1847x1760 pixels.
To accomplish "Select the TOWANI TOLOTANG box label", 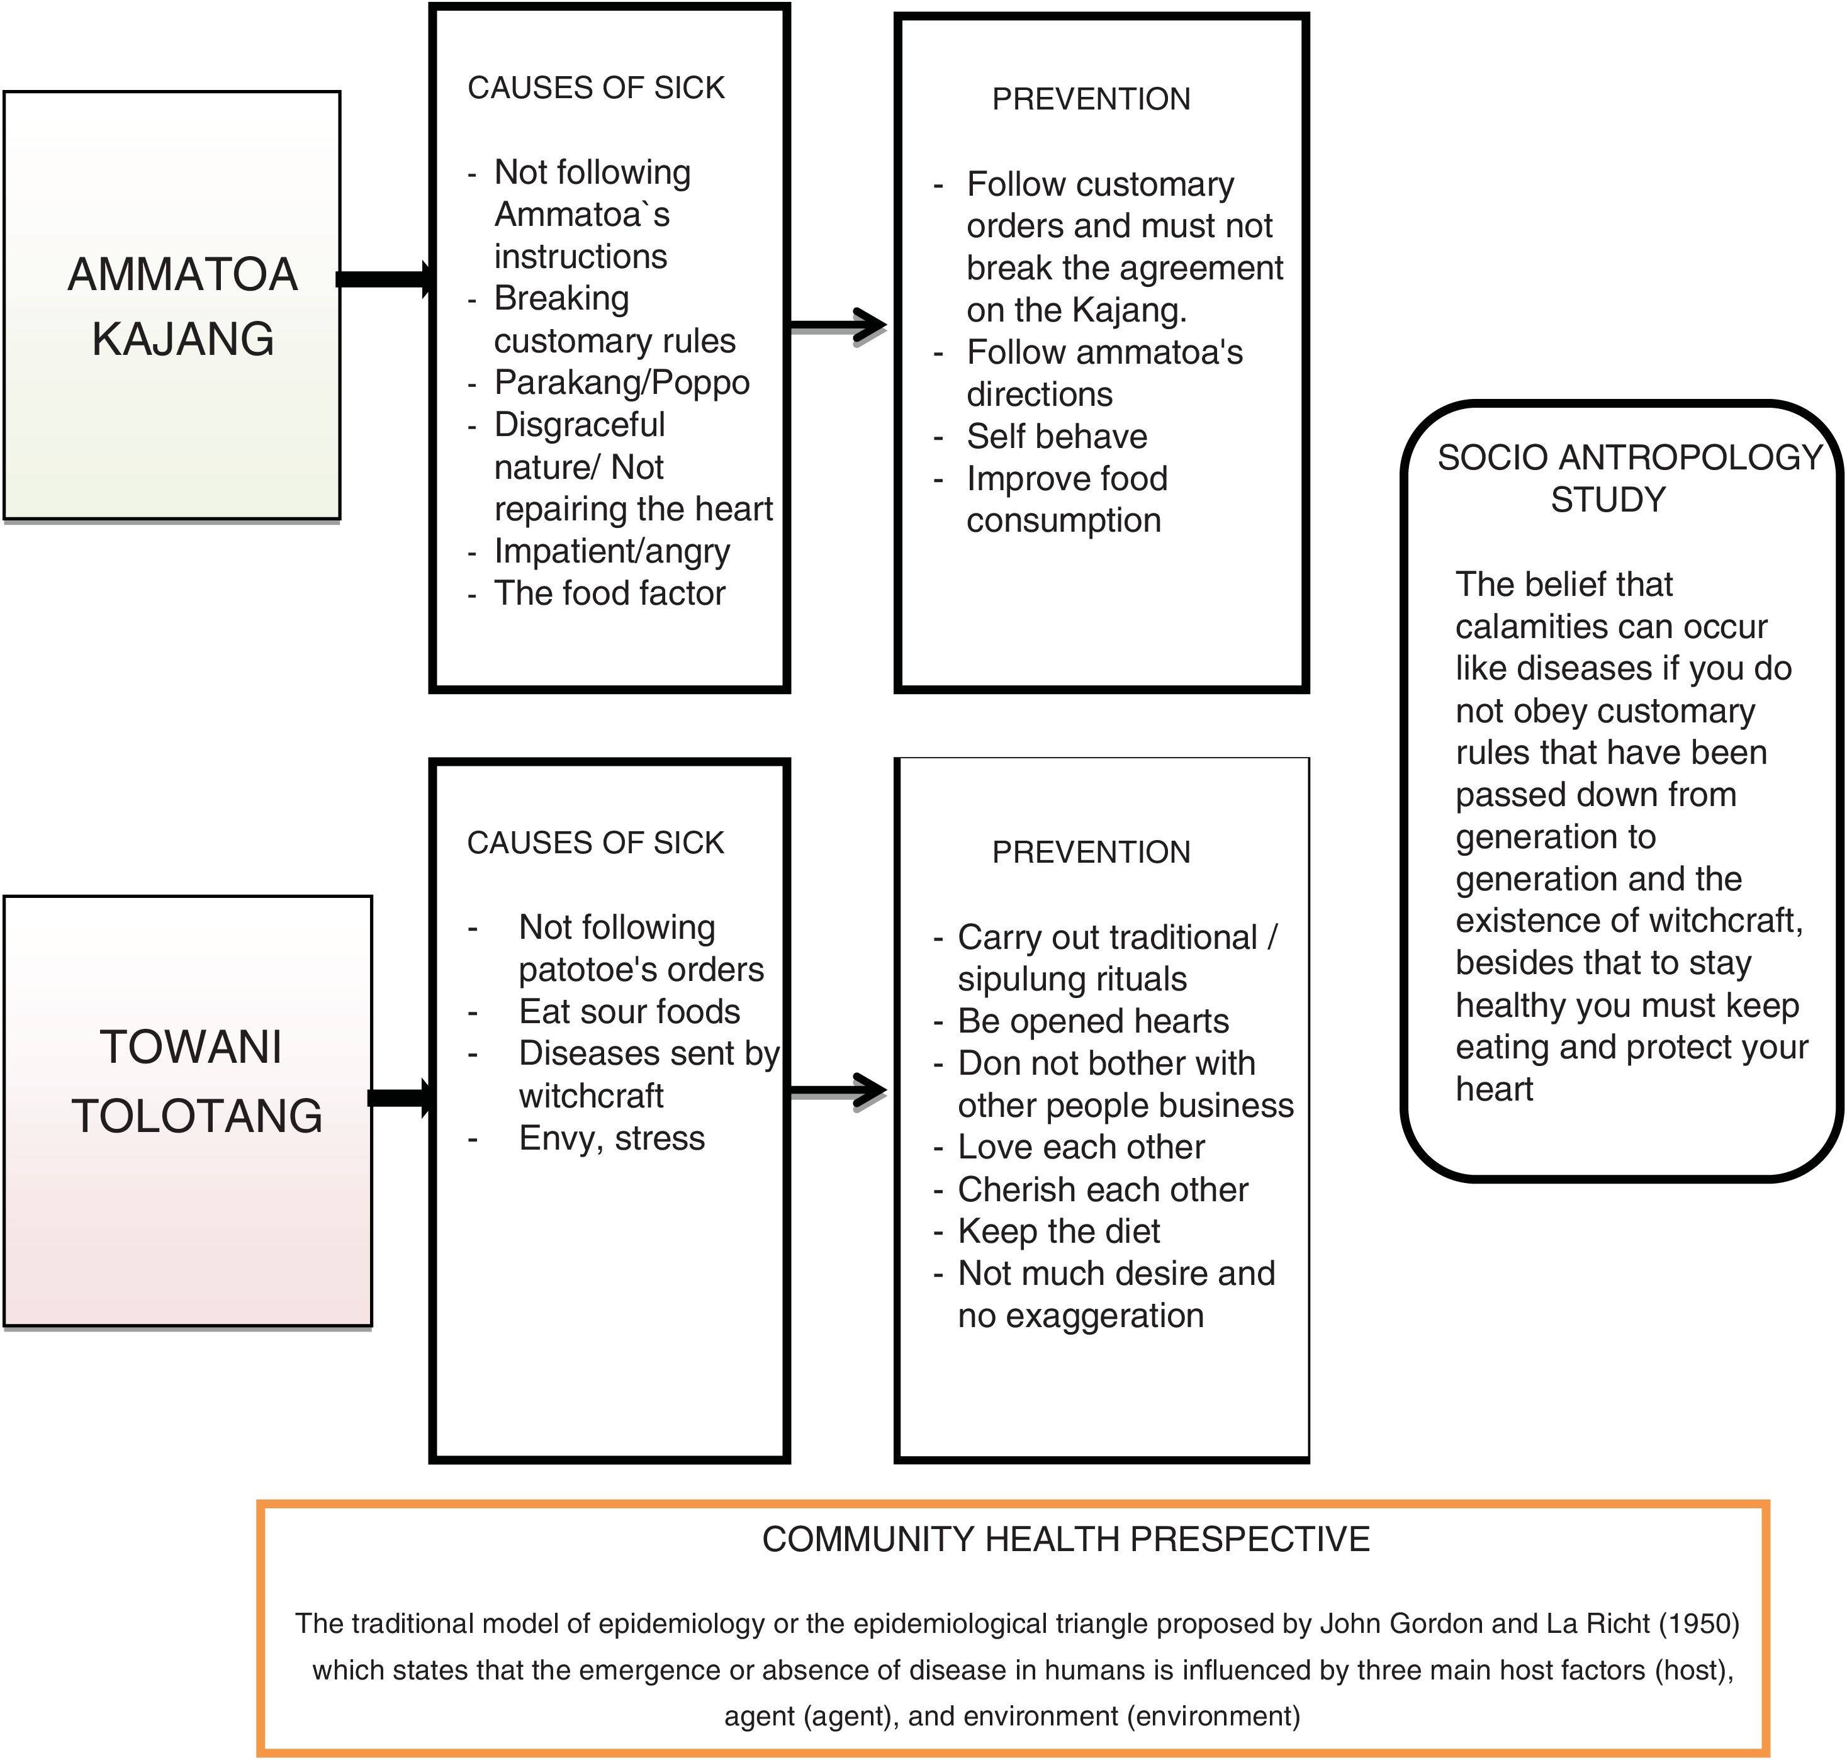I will click(x=195, y=1081).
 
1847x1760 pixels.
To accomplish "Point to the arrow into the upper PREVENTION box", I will click(x=838, y=325).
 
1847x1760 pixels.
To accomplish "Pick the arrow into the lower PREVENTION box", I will click(x=838, y=1090).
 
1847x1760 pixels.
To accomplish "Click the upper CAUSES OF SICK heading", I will click(x=596, y=88).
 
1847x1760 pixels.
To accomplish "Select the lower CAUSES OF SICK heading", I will click(x=596, y=843).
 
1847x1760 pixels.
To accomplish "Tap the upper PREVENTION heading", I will click(x=1091, y=99).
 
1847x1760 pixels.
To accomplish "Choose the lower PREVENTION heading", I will click(x=1091, y=853).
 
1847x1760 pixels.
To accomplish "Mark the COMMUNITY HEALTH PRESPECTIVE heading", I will click(x=1065, y=1540).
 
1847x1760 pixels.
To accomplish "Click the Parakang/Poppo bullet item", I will click(x=621, y=383).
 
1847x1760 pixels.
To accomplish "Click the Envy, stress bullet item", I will click(x=612, y=1139).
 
